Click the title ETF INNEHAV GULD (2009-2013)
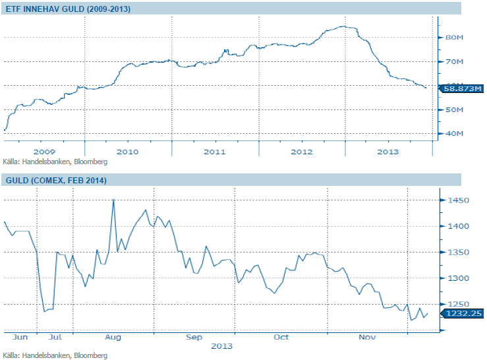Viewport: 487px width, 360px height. [68, 9]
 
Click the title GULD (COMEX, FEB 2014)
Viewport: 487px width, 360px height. [56, 180]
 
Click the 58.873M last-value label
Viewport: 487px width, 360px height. [463, 88]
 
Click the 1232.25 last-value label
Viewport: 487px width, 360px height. [463, 315]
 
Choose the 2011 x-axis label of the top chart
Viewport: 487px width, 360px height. [215, 152]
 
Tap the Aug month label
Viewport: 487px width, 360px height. [113, 337]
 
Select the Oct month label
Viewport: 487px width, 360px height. [281, 337]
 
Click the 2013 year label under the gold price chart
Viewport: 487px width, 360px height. [221, 345]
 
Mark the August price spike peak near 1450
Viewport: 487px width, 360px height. [113, 199]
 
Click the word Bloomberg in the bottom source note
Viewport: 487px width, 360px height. [92, 355]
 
